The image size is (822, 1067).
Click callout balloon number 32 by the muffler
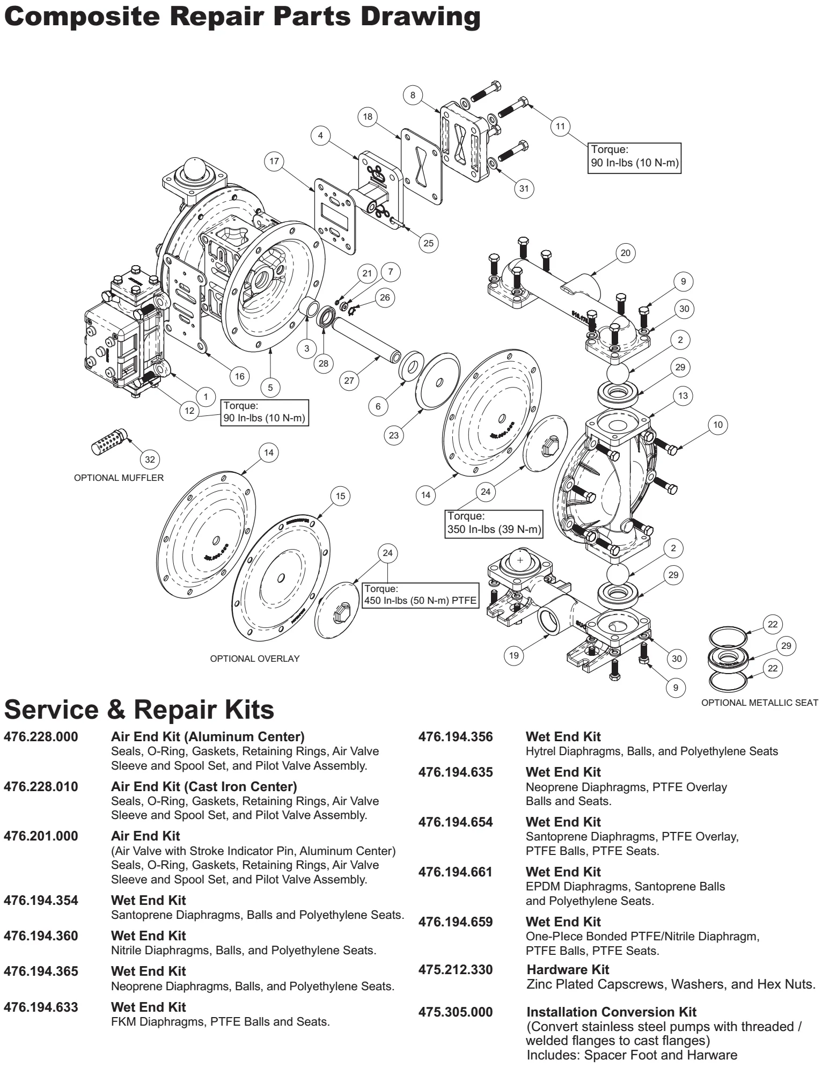(150, 459)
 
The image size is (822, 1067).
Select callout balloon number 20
(625, 253)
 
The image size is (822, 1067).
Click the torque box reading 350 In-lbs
(494, 523)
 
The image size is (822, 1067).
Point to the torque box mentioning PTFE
(421, 595)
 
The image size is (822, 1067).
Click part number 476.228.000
(41, 737)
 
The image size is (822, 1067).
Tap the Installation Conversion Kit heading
(611, 1012)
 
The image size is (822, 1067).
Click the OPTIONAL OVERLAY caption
(255, 659)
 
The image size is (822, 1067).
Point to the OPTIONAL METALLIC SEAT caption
(760, 703)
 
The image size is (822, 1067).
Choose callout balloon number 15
(341, 496)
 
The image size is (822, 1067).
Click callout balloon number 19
(514, 655)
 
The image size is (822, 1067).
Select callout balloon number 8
(413, 96)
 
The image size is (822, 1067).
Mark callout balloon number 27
(349, 381)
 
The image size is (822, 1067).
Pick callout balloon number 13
(682, 396)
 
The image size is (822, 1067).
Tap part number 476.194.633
(41, 1007)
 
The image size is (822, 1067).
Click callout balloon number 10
(718, 425)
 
